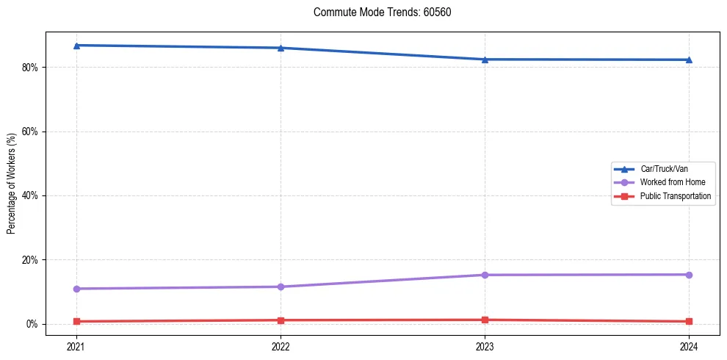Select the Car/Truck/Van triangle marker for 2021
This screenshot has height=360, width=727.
coord(76,46)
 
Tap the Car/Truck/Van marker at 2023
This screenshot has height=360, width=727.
coord(485,60)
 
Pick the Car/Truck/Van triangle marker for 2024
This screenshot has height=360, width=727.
coord(689,60)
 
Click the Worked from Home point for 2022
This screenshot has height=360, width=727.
coord(281,287)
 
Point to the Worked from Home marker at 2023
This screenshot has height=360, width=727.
coord(485,275)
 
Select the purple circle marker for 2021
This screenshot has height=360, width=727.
coord(76,289)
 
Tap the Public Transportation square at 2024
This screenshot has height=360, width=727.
coord(689,321)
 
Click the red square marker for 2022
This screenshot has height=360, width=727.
coord(281,320)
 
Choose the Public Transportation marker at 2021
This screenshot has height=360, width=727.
coord(76,321)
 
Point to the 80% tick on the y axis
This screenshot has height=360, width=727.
coord(30,68)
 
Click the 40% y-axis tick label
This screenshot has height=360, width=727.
coord(30,195)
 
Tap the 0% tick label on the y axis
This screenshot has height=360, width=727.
coord(32,324)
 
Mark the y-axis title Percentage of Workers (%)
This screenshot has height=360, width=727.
coord(11,184)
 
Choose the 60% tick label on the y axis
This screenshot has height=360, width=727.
coord(30,132)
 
